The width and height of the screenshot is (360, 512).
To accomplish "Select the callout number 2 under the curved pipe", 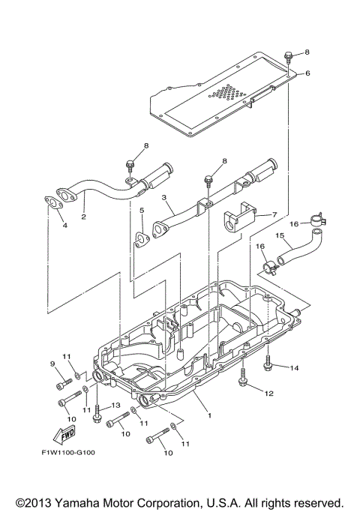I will (x=83, y=217).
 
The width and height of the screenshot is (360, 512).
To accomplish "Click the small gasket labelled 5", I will (x=139, y=239).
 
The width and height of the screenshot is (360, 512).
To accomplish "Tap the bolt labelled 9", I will (x=61, y=385).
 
